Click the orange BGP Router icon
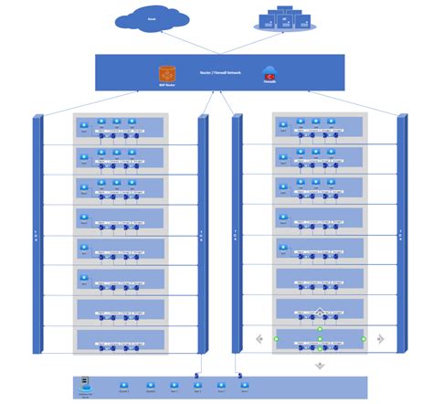click(166, 72)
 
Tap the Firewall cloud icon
click(269, 72)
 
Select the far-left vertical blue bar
click(37, 233)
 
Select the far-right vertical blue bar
click(401, 233)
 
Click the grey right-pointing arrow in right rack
click(380, 339)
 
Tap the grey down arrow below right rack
click(320, 365)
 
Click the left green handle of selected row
click(275, 339)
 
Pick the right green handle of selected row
click(364, 339)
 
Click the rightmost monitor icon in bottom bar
click(243, 385)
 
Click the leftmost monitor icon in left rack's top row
click(85, 125)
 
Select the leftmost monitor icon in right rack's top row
click(284, 125)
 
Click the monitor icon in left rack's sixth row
click(85, 277)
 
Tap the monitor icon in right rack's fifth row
click(284, 247)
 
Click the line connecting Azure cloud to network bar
click(183, 42)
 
